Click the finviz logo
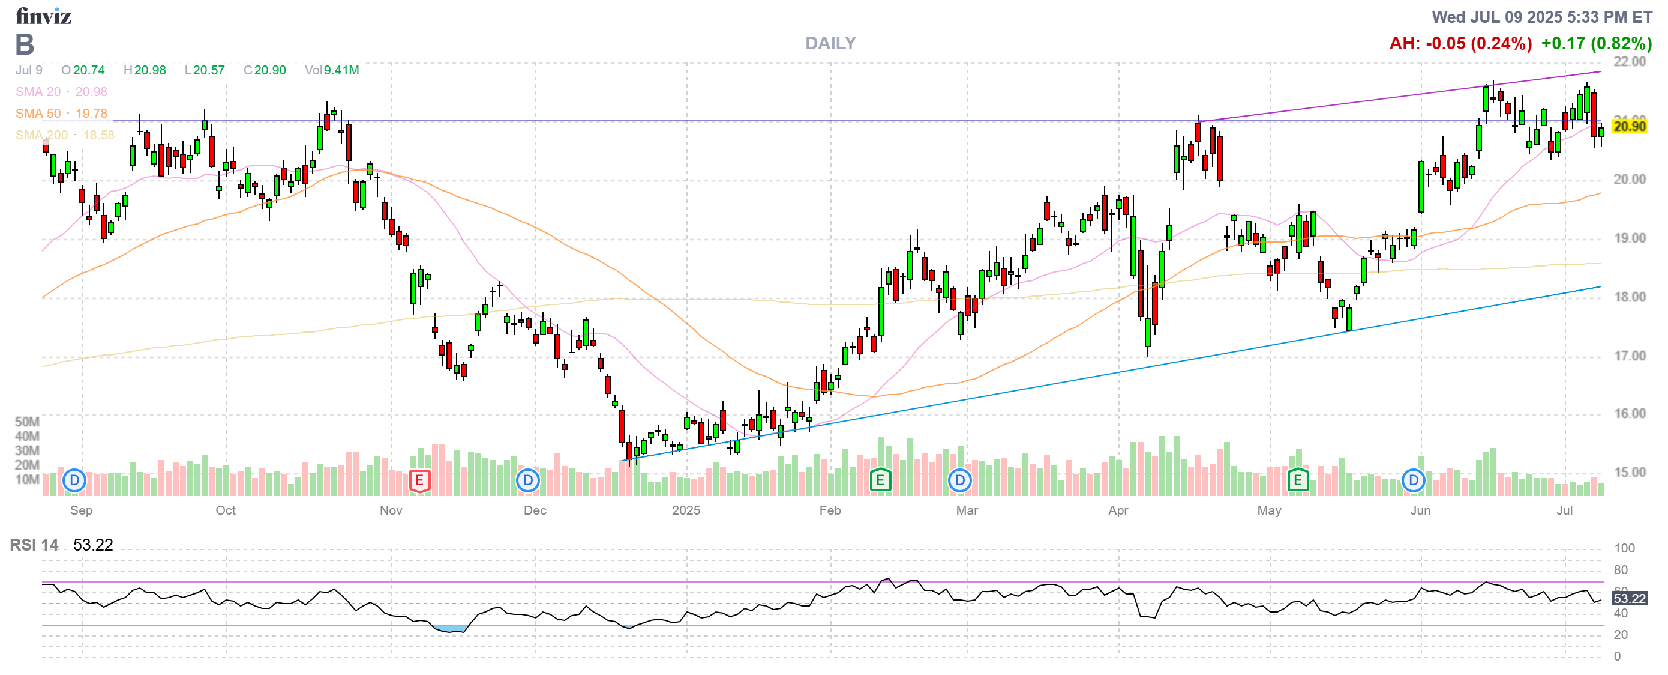pyautogui.click(x=43, y=16)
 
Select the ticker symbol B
pyautogui.click(x=25, y=44)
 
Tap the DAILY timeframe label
pyautogui.click(x=830, y=43)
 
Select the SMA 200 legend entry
pyautogui.click(x=64, y=135)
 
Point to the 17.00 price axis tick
pyautogui.click(x=1629, y=356)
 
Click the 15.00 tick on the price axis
pyautogui.click(x=1629, y=472)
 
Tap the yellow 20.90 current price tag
pyautogui.click(x=1629, y=126)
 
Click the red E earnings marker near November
pyautogui.click(x=419, y=480)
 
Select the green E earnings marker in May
pyautogui.click(x=1298, y=480)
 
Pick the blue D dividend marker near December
pyautogui.click(x=529, y=480)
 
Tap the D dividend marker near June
pyautogui.click(x=1414, y=480)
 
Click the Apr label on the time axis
pyautogui.click(x=1118, y=510)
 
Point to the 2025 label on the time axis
pyautogui.click(x=686, y=510)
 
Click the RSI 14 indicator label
pyautogui.click(x=34, y=545)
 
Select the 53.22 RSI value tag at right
pyautogui.click(x=1629, y=599)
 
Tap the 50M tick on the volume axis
pyautogui.click(x=27, y=422)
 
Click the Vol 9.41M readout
pyautogui.click(x=332, y=70)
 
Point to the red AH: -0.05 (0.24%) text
pyautogui.click(x=1460, y=43)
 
